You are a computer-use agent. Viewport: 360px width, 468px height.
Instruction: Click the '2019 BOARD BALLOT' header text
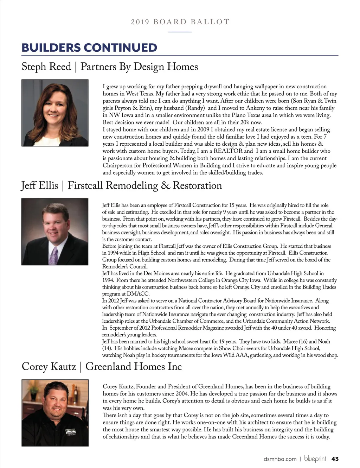[180, 22]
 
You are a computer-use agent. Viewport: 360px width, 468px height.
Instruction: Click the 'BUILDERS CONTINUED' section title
[89, 48]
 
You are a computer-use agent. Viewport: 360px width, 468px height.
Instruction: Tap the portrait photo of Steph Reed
[55, 113]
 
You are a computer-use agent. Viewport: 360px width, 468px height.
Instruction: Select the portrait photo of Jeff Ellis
[55, 232]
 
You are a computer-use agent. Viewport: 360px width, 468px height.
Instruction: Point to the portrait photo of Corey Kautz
[55, 413]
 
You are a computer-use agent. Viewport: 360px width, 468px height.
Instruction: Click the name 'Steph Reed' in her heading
[46, 67]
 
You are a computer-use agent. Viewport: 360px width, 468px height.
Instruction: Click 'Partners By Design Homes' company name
[139, 67]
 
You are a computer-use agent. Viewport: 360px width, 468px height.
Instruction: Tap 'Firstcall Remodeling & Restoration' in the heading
[144, 185]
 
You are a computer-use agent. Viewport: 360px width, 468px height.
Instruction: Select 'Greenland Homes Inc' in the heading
[134, 367]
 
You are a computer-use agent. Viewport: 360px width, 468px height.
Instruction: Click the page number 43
[335, 459]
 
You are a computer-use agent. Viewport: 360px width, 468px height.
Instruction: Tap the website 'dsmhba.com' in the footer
[280, 459]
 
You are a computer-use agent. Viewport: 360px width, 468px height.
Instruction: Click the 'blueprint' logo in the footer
[315, 459]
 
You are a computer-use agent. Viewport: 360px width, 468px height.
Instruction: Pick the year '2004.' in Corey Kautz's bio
[181, 394]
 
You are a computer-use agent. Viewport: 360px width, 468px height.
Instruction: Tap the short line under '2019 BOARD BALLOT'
[180, 32]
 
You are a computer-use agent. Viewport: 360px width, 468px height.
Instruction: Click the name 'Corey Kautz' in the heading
[49, 367]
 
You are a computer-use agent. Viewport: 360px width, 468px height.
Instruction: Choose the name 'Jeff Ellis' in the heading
[39, 185]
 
